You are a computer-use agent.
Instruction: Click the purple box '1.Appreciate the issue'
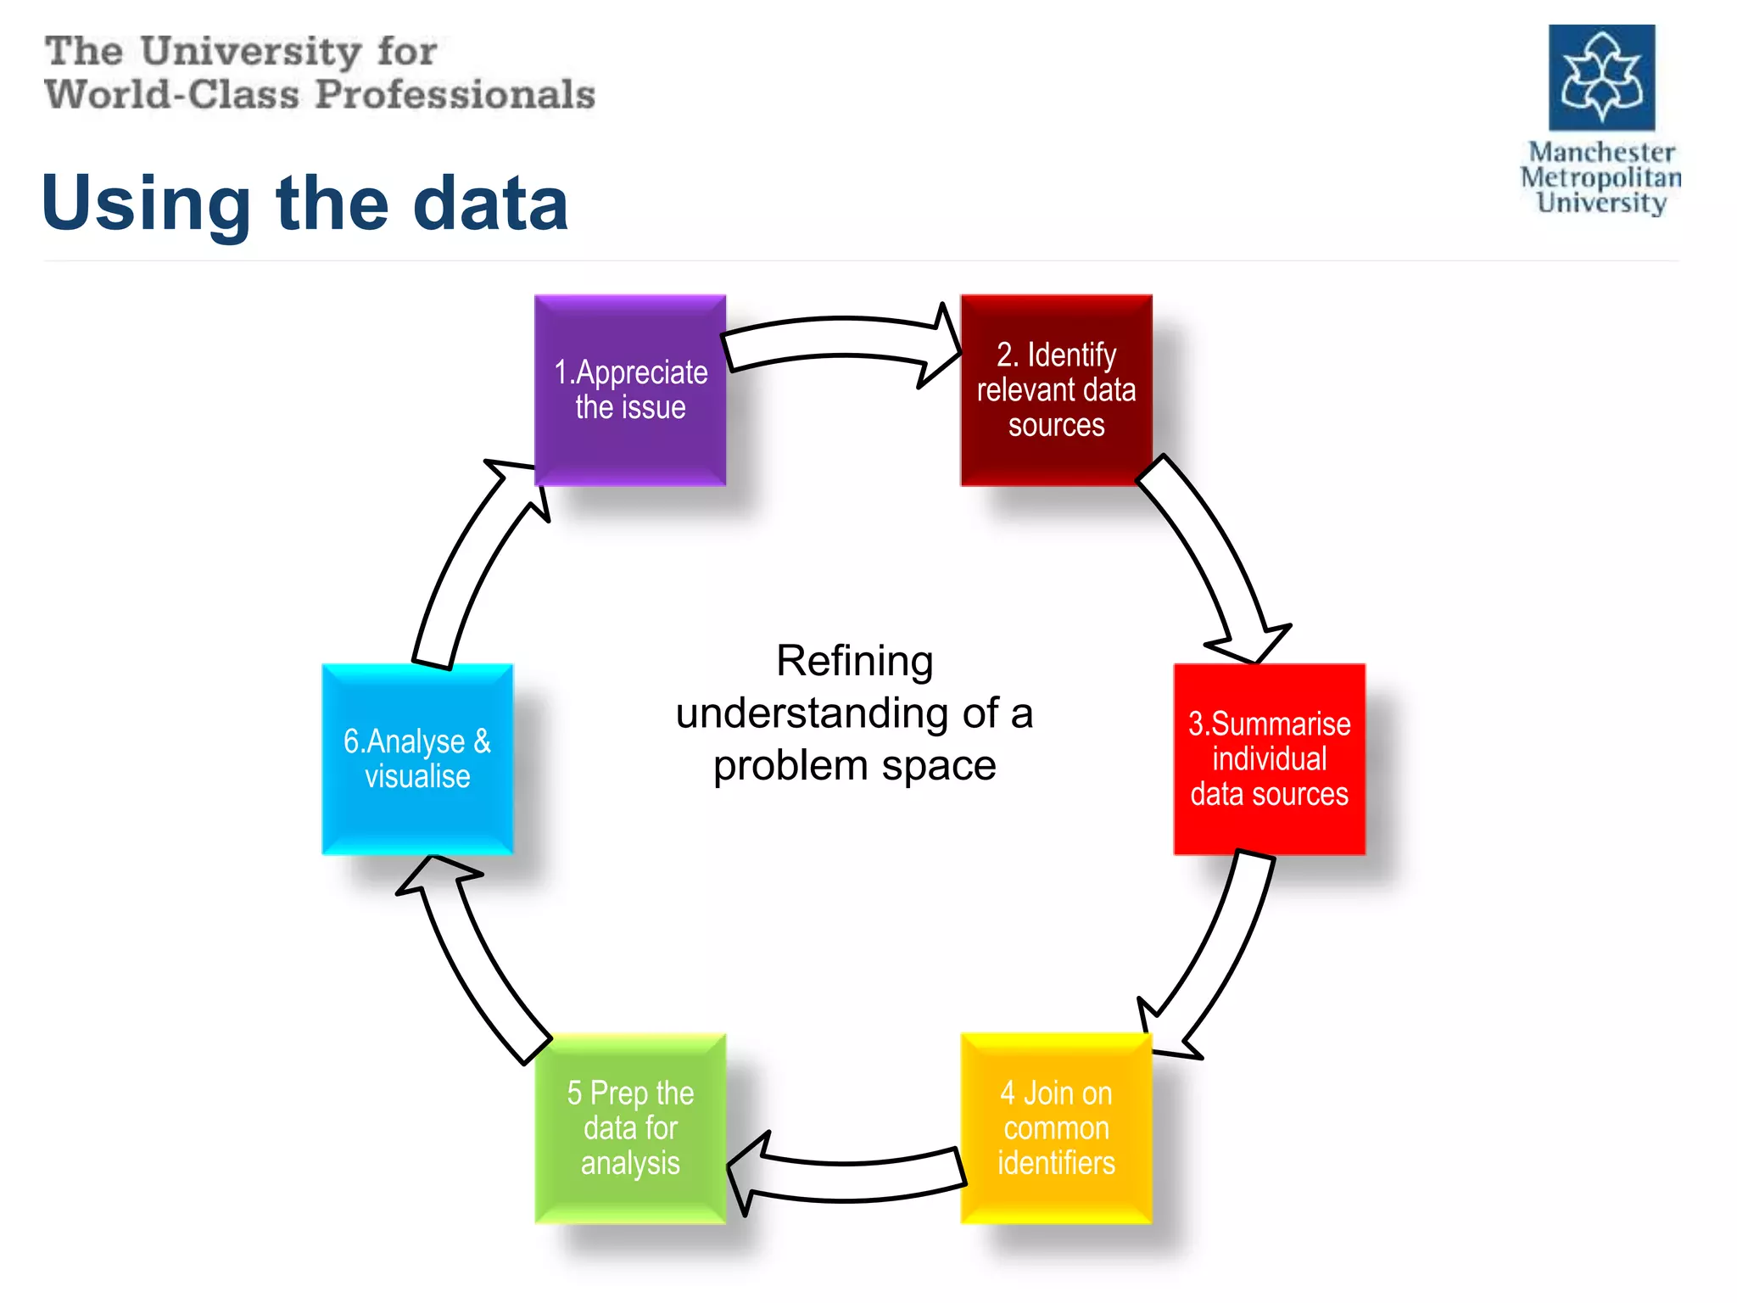coord(630,390)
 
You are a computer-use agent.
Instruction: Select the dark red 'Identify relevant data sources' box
coord(1056,390)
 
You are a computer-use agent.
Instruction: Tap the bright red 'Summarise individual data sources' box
coord(1269,759)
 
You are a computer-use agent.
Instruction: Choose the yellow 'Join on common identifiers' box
coord(1056,1128)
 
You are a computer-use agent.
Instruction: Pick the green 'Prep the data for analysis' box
coord(630,1128)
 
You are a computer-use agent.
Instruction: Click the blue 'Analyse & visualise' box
coord(417,759)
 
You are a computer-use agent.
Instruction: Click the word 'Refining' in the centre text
coord(854,661)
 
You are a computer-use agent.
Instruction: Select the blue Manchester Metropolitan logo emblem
coord(1601,77)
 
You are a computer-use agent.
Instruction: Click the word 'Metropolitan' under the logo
coord(1601,177)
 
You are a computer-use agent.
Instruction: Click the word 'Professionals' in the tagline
coord(455,94)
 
